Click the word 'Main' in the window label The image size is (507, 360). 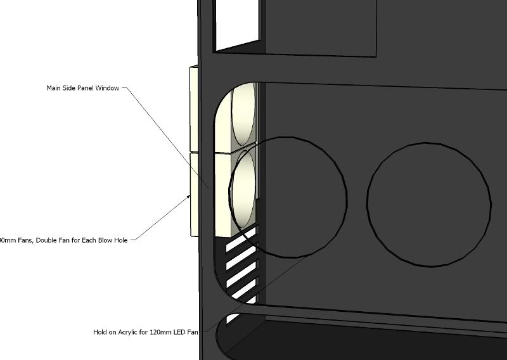53,88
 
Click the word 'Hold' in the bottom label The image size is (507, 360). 100,331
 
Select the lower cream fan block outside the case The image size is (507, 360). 192,193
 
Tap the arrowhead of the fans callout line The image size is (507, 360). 190,196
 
